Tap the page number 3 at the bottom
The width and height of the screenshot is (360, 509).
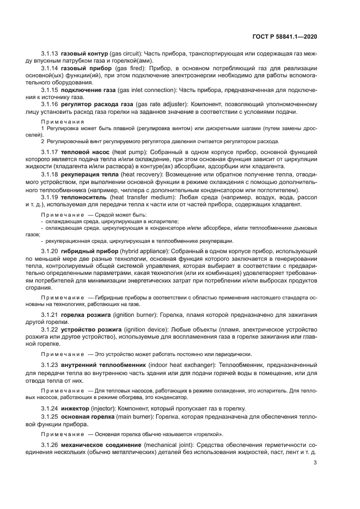click(x=315, y=463)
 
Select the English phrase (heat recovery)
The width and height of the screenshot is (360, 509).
click(x=143, y=174)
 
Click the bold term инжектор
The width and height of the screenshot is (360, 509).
click(x=77, y=408)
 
